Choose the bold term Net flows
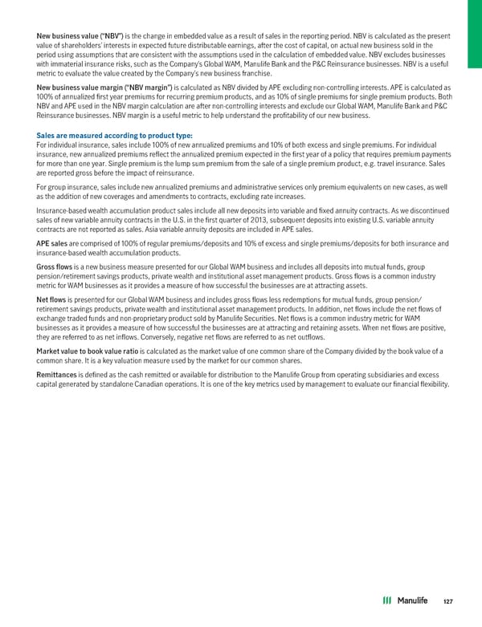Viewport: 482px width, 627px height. click(x=52, y=301)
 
